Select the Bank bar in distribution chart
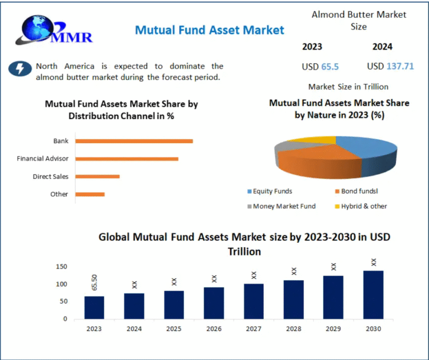[134, 141]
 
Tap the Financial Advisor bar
[127, 159]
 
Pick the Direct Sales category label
[51, 177]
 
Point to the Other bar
[90, 195]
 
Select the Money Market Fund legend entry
[284, 206]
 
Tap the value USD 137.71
[390, 66]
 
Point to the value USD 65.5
[320, 67]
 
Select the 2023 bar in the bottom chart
[94, 307]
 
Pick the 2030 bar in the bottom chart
[373, 295]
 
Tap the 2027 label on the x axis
[254, 329]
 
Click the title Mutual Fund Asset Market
[209, 30]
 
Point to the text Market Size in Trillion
[348, 87]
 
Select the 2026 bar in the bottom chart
[214, 303]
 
